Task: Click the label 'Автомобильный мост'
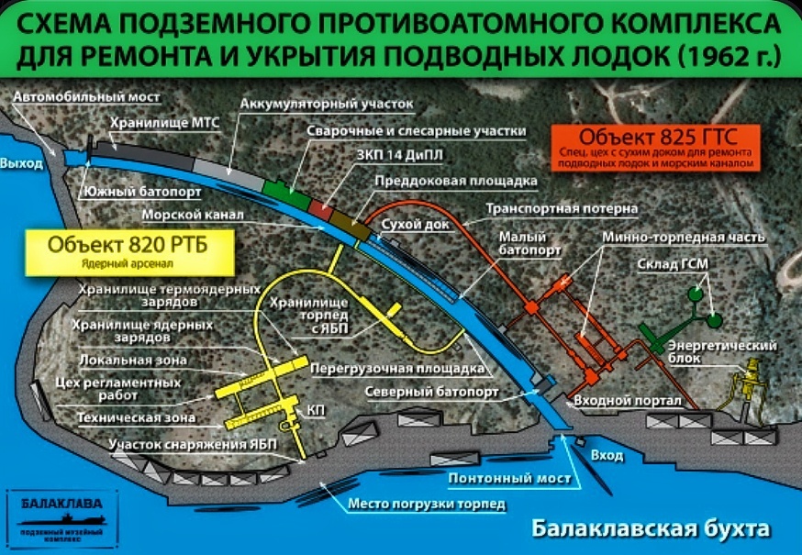[88, 97]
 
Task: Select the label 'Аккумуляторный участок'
[327, 104]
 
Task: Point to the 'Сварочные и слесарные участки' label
[416, 131]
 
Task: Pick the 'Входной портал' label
[627, 401]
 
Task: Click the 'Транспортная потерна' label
[562, 209]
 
